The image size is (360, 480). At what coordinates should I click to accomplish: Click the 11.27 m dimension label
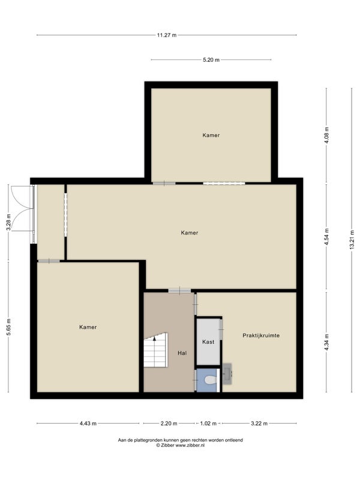[x=167, y=35]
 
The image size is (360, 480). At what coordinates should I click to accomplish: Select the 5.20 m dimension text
[x=211, y=60]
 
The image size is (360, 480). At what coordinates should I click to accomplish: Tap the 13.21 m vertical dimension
[x=352, y=240]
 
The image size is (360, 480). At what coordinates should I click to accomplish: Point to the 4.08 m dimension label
[x=326, y=135]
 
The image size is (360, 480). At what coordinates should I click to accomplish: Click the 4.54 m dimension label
[x=326, y=236]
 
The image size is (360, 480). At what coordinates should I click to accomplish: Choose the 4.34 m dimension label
[x=326, y=342]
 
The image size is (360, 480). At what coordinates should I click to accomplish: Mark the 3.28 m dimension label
[x=9, y=221]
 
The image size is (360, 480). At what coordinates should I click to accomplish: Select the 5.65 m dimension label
[x=9, y=327]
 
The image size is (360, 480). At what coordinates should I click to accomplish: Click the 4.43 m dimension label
[x=88, y=424]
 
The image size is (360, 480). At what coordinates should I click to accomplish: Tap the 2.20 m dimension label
[x=169, y=424]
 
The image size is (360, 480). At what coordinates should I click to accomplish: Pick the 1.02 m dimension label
[x=208, y=424]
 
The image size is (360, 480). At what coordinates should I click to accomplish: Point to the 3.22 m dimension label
[x=259, y=424]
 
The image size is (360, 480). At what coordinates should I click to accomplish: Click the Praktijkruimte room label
[x=261, y=335]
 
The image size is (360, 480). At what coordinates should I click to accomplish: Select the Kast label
[x=208, y=342]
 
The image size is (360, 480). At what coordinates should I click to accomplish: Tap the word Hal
[x=182, y=353]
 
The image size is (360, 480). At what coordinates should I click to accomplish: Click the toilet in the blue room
[x=211, y=380]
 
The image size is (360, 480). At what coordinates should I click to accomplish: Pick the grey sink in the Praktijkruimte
[x=227, y=373]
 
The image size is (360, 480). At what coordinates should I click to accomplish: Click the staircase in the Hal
[x=156, y=350]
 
